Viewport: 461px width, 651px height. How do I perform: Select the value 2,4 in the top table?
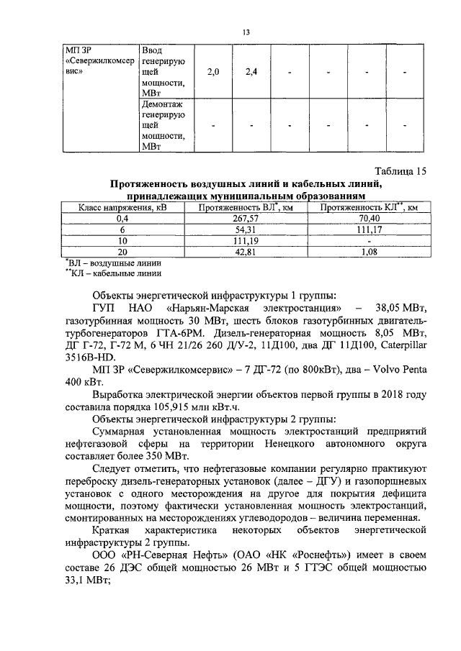point(251,73)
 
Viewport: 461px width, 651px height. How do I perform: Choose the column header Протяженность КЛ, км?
point(370,207)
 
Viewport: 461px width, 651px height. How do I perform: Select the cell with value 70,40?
point(369,218)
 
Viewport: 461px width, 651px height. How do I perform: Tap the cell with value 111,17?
point(369,229)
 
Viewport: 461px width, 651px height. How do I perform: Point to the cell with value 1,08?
point(369,251)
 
